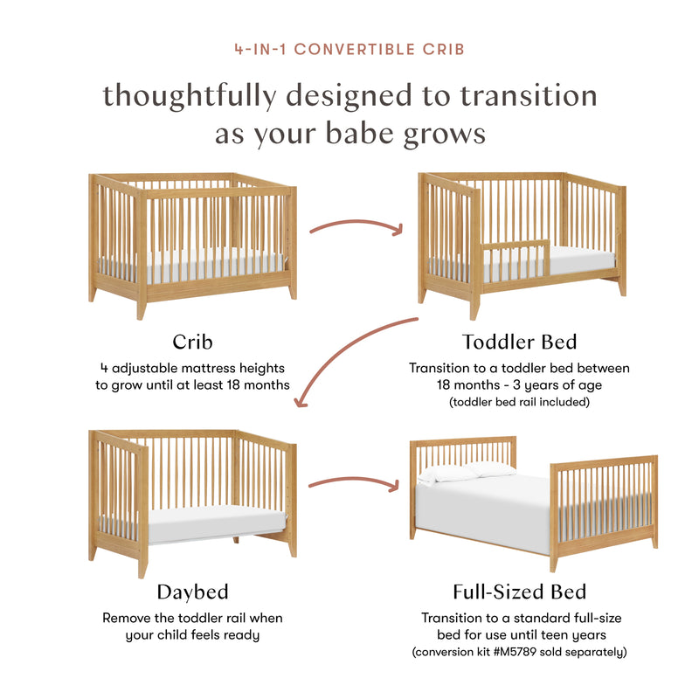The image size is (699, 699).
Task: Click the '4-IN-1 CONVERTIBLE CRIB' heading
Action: (349, 49)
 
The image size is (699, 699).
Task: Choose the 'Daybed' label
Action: (192, 592)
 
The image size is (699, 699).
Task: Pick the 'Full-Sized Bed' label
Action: (519, 592)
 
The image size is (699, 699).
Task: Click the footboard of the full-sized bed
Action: (603, 502)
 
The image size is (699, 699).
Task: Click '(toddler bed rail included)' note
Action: (519, 402)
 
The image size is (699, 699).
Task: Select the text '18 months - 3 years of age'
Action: (519, 385)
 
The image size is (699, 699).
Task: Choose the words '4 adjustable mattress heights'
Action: (193, 368)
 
